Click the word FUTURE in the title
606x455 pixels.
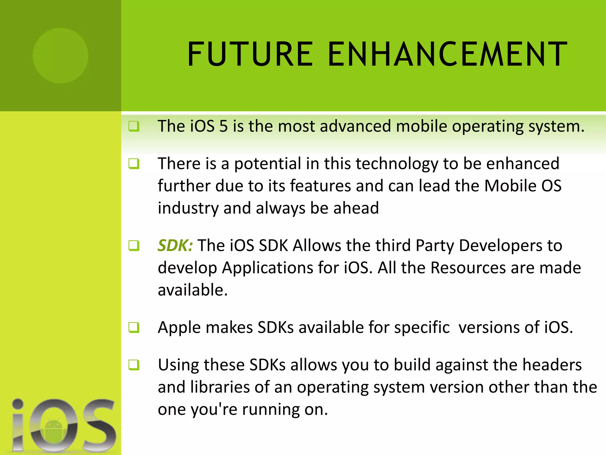point(250,54)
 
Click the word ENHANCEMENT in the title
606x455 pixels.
point(447,54)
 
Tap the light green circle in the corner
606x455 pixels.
point(61,55)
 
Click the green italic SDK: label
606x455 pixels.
point(175,245)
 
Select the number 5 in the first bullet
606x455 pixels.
point(223,126)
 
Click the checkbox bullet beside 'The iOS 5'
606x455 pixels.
point(134,126)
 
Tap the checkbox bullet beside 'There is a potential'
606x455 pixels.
point(134,164)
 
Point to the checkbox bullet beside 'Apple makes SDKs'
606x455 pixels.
point(134,327)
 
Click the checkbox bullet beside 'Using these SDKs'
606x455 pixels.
point(134,365)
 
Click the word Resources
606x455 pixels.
point(468,268)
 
